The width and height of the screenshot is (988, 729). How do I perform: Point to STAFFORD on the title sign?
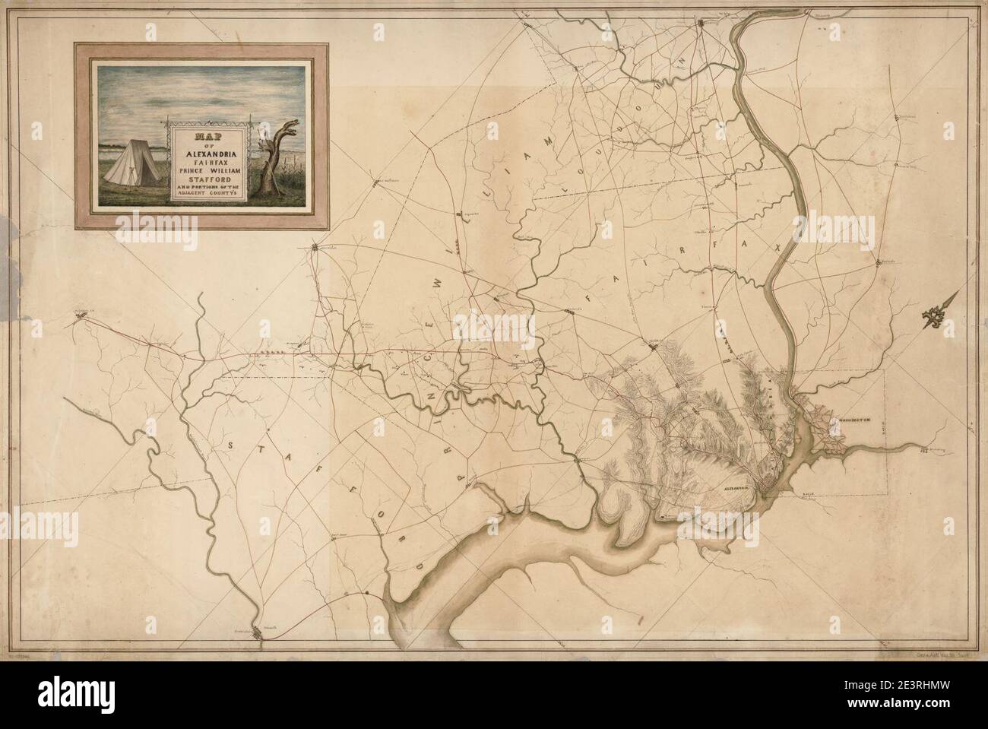(205, 179)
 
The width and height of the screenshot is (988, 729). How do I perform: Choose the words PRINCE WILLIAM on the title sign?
(205, 170)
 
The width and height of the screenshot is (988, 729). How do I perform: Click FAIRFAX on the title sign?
(205, 160)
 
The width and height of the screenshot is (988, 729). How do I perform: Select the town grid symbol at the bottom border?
(259, 632)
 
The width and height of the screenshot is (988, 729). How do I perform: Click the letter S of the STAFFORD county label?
(229, 446)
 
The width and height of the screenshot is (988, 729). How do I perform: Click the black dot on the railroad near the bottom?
(367, 593)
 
